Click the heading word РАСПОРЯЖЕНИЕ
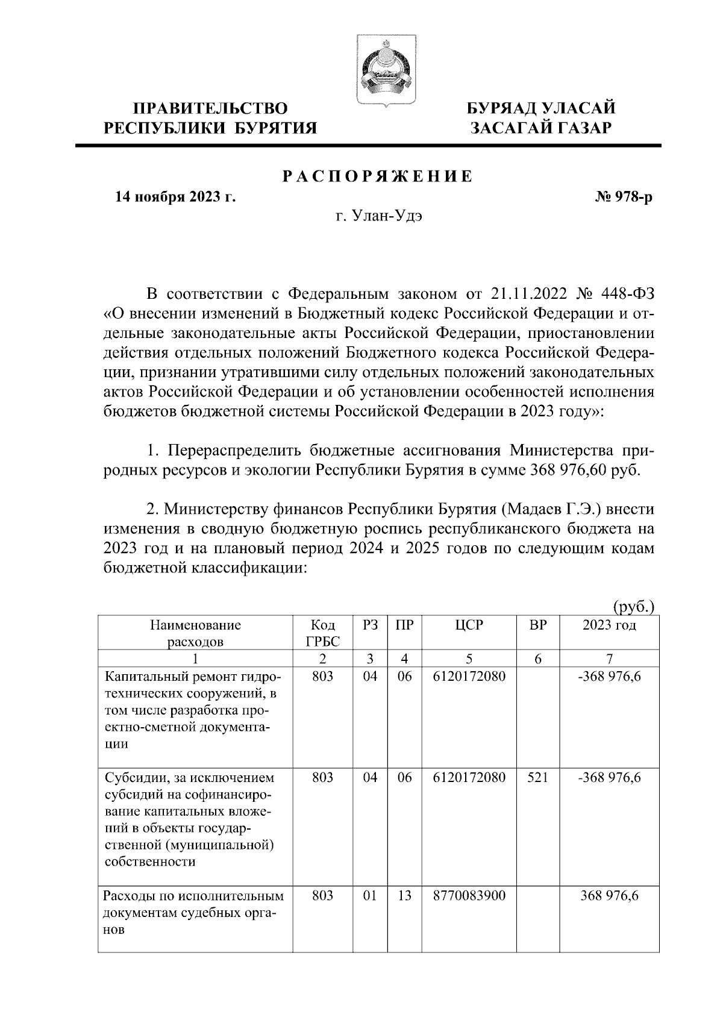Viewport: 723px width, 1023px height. pyautogui.click(x=378, y=177)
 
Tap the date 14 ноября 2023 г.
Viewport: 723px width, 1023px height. pyautogui.click(x=175, y=197)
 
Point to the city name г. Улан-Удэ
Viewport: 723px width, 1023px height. pyautogui.click(x=379, y=216)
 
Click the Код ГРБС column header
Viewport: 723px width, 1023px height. pyautogui.click(x=323, y=633)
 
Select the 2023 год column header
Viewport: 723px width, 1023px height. pyautogui.click(x=609, y=625)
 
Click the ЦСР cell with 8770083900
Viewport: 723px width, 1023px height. pyautogui.click(x=469, y=896)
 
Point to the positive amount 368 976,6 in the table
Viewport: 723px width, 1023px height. pyautogui.click(x=609, y=896)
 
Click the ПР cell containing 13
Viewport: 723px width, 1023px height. pyautogui.click(x=404, y=896)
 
